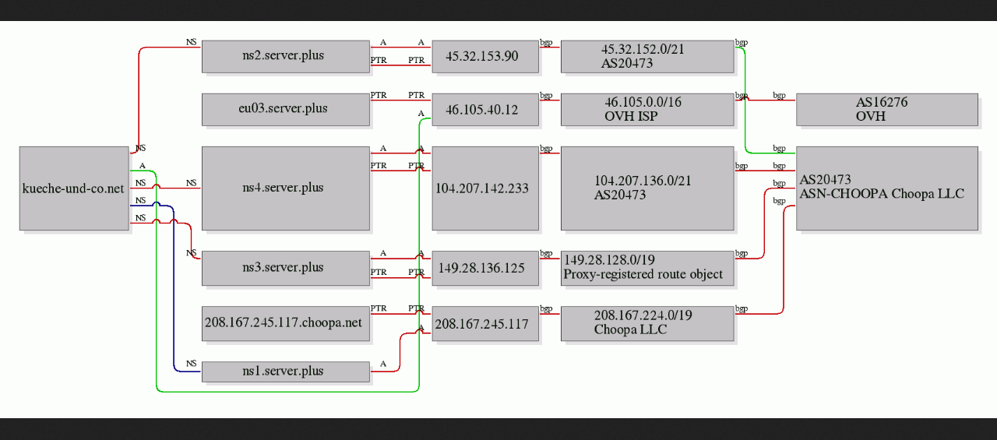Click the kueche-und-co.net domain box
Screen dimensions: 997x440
(74, 188)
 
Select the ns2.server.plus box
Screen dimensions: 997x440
(286, 57)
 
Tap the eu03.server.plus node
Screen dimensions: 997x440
(286, 110)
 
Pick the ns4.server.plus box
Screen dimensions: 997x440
(286, 188)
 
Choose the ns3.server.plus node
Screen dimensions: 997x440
(286, 268)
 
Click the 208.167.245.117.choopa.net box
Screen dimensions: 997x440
(286, 323)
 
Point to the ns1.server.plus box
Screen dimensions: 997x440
(286, 371)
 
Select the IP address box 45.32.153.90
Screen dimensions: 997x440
(485, 57)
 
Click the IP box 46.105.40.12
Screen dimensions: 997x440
(485, 110)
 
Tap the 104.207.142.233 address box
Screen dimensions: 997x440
(485, 188)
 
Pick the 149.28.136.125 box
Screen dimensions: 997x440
(485, 268)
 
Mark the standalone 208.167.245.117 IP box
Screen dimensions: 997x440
(485, 323)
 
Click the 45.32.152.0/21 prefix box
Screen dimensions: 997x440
(647, 57)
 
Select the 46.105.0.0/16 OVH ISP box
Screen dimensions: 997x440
(647, 110)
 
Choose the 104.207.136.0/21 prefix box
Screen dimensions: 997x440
(647, 188)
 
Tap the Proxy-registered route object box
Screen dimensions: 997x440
(647, 268)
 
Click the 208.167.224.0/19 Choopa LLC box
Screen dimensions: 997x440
(647, 323)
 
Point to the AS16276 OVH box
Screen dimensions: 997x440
(887, 110)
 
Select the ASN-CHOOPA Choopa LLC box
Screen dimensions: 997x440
(887, 188)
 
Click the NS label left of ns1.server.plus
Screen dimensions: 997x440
(192, 363)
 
